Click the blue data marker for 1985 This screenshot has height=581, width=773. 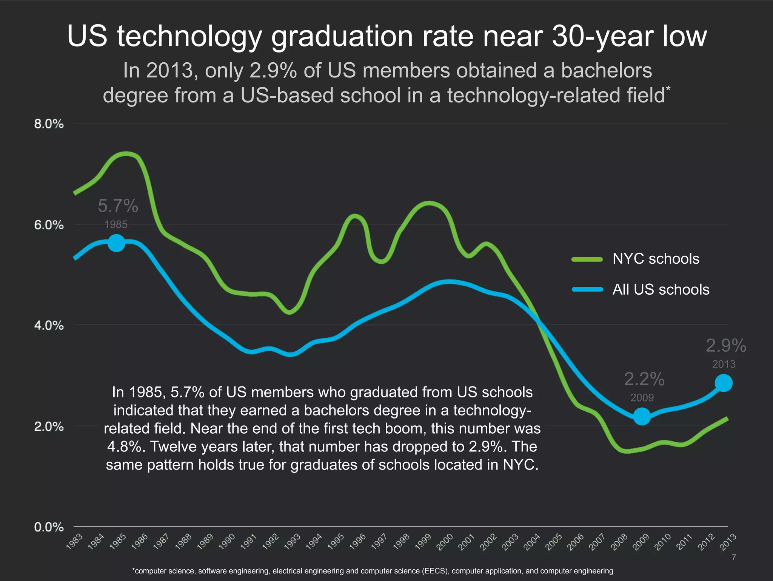(116, 243)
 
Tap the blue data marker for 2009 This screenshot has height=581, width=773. (642, 416)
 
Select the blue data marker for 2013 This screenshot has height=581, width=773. (724, 383)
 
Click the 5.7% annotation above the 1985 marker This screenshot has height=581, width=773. (118, 206)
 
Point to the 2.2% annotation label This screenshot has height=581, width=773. (644, 379)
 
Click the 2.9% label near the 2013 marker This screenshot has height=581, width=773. (725, 346)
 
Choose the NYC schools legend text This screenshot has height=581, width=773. (656, 259)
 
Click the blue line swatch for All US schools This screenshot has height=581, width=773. (587, 289)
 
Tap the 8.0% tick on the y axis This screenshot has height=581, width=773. (49, 124)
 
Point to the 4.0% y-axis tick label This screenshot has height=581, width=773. (49, 325)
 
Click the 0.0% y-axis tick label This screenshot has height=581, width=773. (49, 527)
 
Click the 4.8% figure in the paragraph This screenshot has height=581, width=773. (125, 447)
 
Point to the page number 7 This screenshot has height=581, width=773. (733, 557)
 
